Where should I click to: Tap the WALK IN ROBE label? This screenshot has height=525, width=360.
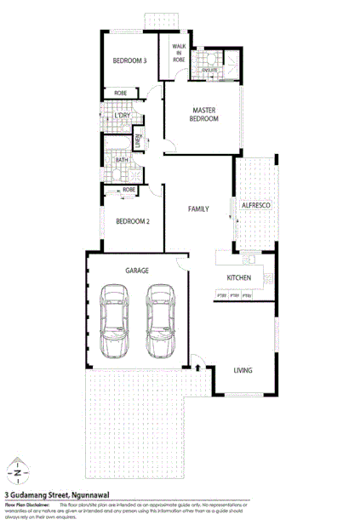tap(179, 54)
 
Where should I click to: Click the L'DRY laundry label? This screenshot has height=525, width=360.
tap(122, 116)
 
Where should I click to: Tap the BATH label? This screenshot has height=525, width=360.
tap(121, 159)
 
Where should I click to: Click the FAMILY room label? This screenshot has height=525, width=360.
tap(199, 208)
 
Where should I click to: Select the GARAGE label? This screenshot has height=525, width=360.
tap(137, 270)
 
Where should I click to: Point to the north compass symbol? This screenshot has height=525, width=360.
tap(18, 471)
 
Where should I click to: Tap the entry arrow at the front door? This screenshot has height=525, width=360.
tap(197, 368)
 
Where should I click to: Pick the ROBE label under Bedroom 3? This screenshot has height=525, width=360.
tap(121, 94)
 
